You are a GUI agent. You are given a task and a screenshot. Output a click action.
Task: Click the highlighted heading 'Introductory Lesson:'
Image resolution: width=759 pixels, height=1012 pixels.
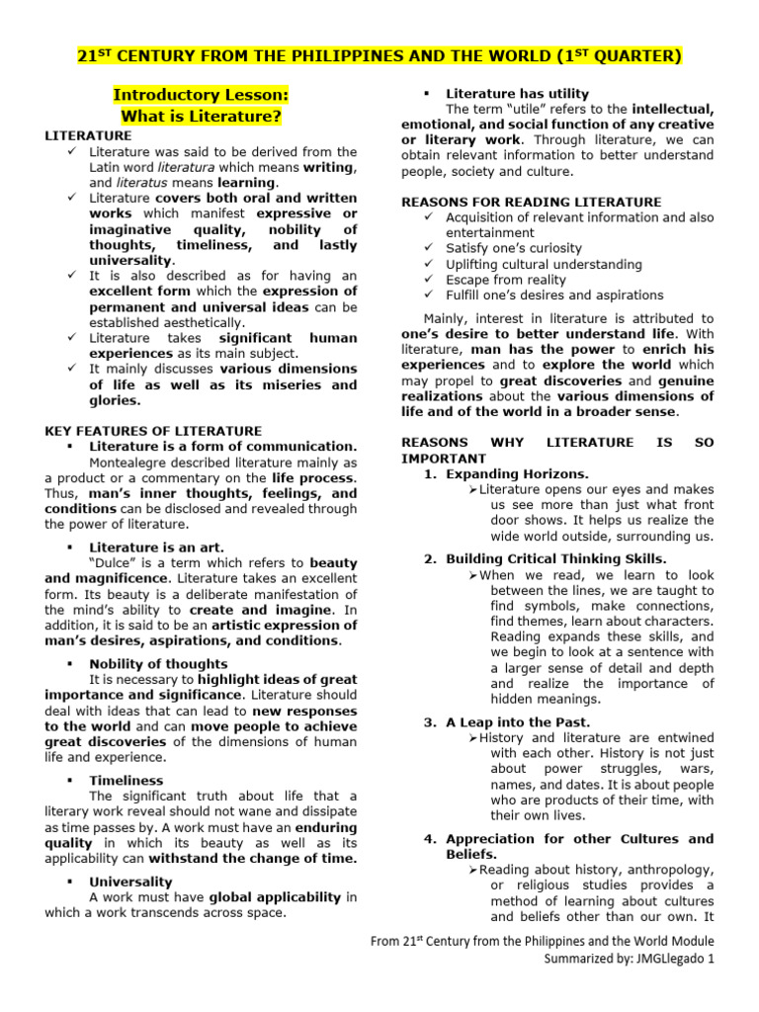(201, 95)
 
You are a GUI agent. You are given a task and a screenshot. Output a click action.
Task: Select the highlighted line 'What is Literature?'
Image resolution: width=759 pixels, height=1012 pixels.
(201, 117)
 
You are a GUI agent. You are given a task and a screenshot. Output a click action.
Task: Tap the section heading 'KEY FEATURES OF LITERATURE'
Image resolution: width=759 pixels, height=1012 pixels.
(153, 431)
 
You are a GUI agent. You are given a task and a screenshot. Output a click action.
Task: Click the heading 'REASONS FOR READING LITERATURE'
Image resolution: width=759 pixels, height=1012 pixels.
(531, 202)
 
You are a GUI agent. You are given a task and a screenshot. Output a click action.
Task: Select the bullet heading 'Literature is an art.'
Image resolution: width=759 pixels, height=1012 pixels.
(156, 547)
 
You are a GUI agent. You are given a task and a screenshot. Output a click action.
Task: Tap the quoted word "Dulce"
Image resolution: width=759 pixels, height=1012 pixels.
(112, 562)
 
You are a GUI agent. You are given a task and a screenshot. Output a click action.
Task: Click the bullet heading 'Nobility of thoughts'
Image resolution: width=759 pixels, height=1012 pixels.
(158, 664)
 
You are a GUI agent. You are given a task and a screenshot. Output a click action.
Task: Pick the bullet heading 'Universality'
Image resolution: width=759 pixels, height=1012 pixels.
(130, 881)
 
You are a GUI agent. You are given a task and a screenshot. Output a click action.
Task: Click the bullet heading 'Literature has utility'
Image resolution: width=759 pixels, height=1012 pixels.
(517, 94)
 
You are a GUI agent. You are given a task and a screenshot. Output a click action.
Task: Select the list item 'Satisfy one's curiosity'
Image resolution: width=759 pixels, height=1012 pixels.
(514, 248)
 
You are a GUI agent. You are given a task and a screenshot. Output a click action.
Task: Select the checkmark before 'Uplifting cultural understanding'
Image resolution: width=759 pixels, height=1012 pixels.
(427, 265)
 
